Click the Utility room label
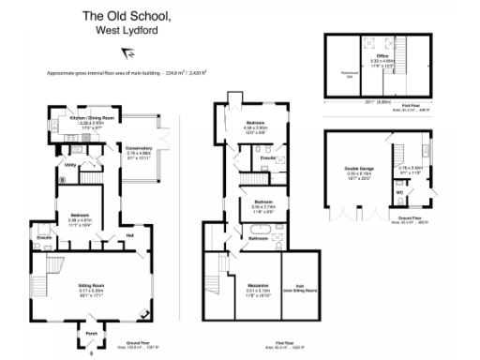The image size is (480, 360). point(69,165)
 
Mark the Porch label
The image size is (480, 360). point(91,333)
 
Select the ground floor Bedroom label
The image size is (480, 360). point(78,216)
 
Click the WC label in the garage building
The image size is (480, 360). point(400,195)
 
